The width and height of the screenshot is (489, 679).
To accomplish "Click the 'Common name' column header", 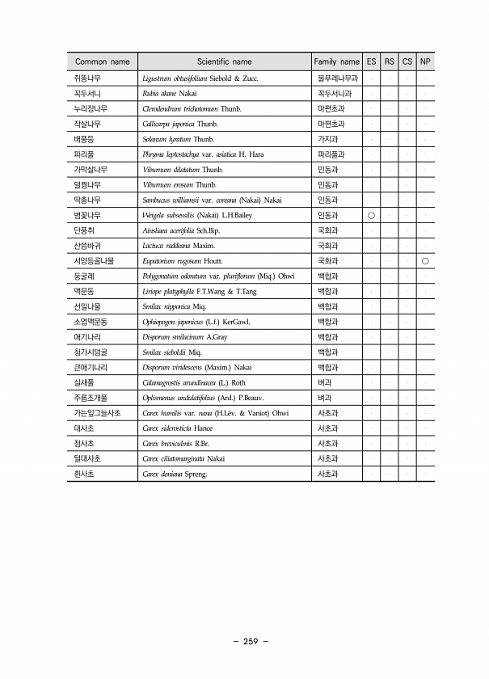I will [102, 61].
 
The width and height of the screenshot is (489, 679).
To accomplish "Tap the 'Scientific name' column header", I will [224, 61].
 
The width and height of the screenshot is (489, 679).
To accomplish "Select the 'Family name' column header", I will [336, 61].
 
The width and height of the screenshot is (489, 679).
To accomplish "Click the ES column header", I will [371, 61].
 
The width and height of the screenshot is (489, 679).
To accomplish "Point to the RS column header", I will [389, 61].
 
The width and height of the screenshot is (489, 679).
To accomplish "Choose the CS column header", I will [407, 61].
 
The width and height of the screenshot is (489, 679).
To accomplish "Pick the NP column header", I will [425, 61].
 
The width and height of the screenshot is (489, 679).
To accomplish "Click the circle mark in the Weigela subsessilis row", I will [371, 216].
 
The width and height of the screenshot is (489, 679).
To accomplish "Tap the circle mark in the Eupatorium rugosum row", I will [425, 261].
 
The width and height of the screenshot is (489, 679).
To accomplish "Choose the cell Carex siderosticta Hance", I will [177, 428].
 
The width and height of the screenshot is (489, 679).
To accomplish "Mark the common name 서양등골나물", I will [94, 261].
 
